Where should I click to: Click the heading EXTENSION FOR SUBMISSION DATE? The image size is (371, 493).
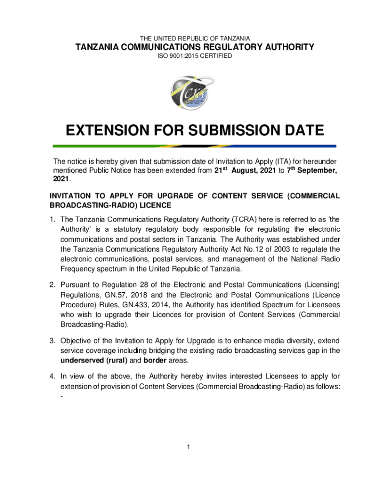[x=195, y=130]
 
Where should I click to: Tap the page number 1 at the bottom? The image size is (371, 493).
[x=189, y=447]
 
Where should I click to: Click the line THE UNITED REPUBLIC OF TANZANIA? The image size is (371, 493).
[x=195, y=38]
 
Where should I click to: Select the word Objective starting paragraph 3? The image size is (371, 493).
[x=77, y=340]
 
